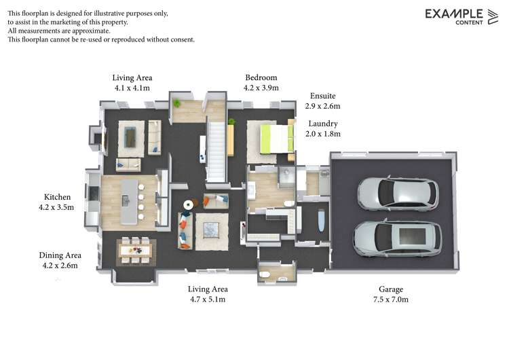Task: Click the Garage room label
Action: tap(390, 289)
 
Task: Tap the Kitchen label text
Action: tap(57, 197)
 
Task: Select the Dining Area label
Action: tap(60, 255)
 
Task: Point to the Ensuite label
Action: tap(322, 96)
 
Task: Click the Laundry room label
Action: tap(323, 124)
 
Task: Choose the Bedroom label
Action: tap(261, 77)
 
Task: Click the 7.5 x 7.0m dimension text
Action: tap(391, 300)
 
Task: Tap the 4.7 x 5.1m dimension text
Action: tap(208, 300)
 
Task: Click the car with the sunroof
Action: tap(397, 238)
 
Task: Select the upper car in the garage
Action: tap(398, 194)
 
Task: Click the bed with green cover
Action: tap(277, 139)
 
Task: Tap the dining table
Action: tap(135, 250)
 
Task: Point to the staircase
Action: tap(216, 151)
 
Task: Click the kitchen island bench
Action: tap(130, 202)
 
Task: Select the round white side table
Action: tap(188, 204)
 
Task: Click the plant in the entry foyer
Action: tap(176, 103)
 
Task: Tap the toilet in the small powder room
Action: tap(264, 275)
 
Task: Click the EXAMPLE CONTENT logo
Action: tap(461, 16)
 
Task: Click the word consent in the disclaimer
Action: tap(183, 39)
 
